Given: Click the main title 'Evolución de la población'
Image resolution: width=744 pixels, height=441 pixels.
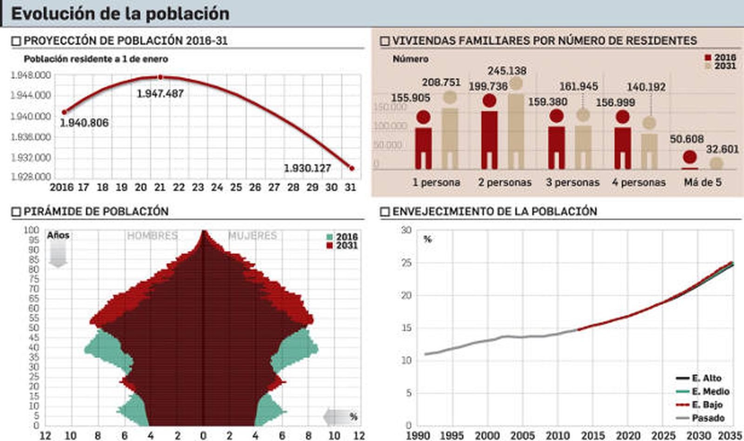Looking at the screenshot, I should [120, 13].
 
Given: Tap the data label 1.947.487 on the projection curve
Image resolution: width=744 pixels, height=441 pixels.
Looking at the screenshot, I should [160, 94].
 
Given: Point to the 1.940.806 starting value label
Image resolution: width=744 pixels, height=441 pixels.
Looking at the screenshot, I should [84, 123].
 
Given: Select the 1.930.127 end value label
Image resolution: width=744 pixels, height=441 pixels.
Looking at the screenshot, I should [307, 168].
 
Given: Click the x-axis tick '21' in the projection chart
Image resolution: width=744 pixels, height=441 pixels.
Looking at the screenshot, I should [160, 188].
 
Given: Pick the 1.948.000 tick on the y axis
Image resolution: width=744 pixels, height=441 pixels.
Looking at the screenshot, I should [31, 75].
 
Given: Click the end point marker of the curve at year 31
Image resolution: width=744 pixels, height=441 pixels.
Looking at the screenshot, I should [352, 169].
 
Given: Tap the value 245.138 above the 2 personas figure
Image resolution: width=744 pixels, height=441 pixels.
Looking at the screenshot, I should [507, 71].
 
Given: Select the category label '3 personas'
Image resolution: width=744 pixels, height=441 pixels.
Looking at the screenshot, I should [573, 182].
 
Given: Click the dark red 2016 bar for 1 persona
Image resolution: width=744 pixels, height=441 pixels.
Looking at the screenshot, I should [423, 148].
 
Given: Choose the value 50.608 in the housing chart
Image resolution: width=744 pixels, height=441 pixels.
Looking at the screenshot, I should [687, 139].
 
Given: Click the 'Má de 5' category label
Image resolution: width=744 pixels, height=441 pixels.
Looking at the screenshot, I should [703, 182].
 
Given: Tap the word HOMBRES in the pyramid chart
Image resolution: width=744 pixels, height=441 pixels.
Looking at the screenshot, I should [153, 236].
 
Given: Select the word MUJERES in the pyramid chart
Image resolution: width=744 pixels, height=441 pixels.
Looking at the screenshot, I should [252, 236].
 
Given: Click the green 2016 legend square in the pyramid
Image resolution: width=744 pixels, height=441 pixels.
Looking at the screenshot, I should [330, 237].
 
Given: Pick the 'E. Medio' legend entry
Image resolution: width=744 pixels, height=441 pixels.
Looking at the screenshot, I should [710, 392].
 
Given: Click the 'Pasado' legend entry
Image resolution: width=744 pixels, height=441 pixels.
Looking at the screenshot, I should [708, 418].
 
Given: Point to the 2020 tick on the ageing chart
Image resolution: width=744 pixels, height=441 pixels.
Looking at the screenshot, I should [628, 435].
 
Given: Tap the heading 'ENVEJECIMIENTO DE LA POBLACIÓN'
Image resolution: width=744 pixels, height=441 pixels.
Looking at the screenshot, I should [494, 212].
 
